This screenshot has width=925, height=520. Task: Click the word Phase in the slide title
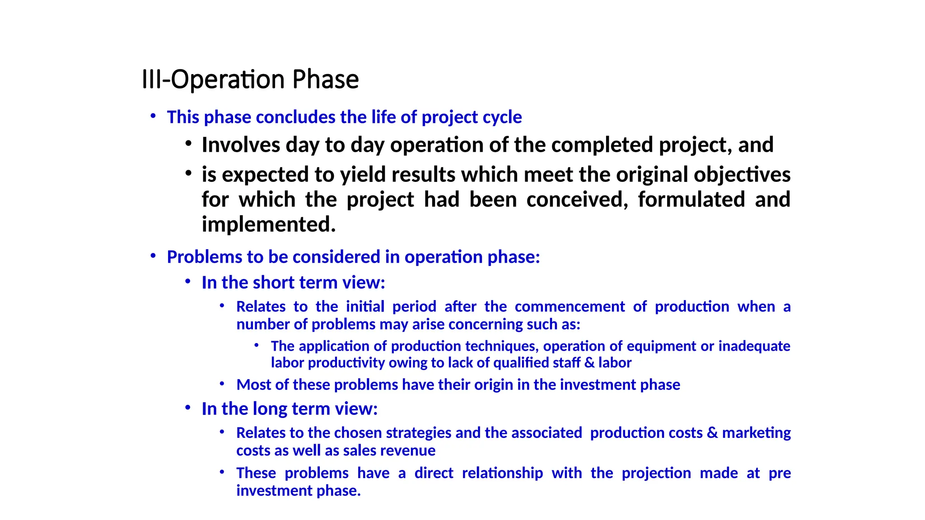pos(325,79)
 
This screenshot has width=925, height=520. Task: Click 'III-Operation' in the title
pos(213,79)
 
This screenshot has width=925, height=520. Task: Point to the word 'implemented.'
pos(269,224)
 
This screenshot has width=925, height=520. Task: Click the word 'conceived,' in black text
pos(577,200)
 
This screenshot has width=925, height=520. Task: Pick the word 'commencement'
pos(570,306)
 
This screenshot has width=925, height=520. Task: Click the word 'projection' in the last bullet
pos(656,473)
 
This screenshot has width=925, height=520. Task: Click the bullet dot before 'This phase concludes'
pos(153,116)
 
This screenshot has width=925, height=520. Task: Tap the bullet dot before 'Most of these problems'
pos(222,384)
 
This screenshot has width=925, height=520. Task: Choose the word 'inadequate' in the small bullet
pos(754,346)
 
